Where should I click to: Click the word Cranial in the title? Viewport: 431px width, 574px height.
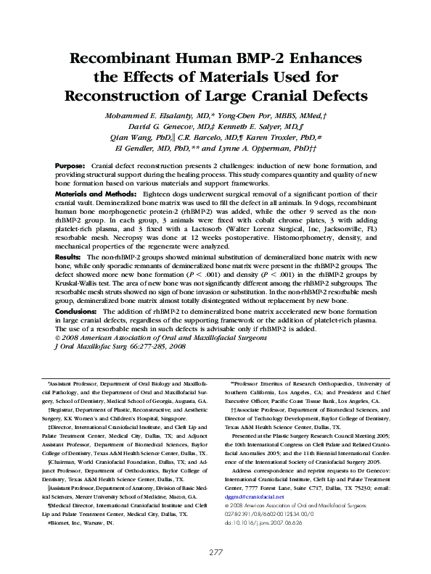tap(286, 95)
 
